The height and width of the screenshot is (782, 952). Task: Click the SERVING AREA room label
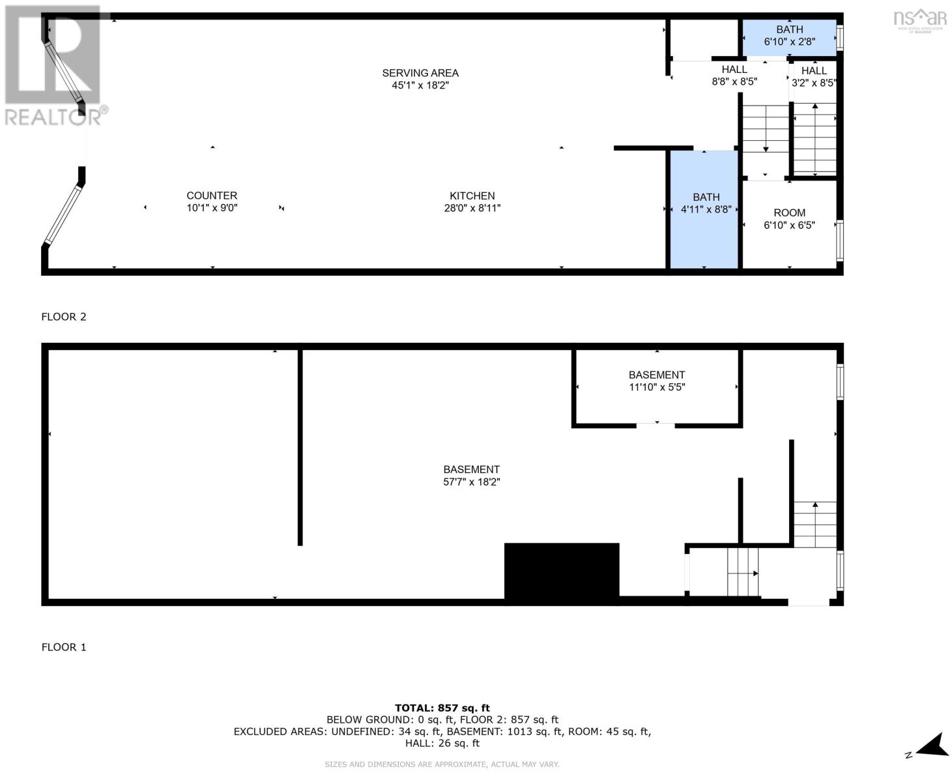coord(420,79)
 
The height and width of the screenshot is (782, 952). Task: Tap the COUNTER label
coord(212,195)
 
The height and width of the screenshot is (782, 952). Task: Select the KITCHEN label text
coord(472,195)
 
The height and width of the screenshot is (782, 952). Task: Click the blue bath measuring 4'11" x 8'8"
coord(704,209)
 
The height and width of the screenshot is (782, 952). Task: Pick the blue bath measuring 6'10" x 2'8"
coord(790,38)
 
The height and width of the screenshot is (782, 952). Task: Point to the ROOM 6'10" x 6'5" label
coord(789,219)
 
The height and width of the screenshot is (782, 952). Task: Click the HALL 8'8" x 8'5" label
coord(734,76)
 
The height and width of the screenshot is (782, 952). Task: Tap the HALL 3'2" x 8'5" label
coord(814,77)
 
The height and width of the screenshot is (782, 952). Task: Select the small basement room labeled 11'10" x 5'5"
coord(657,387)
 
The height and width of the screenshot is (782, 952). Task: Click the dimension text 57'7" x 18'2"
coord(471,482)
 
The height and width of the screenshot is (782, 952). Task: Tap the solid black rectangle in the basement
coord(562,573)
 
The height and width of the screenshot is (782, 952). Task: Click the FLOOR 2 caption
coord(64,317)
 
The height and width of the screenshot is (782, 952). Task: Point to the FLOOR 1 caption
coord(64,647)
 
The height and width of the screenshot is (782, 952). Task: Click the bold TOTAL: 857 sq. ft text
coord(442,708)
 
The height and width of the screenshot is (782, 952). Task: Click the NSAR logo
coord(920,20)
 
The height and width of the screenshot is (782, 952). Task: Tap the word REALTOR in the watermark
coord(53,117)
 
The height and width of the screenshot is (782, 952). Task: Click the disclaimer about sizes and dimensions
coord(442,764)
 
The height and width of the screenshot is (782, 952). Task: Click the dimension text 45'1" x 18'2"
coord(420,85)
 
